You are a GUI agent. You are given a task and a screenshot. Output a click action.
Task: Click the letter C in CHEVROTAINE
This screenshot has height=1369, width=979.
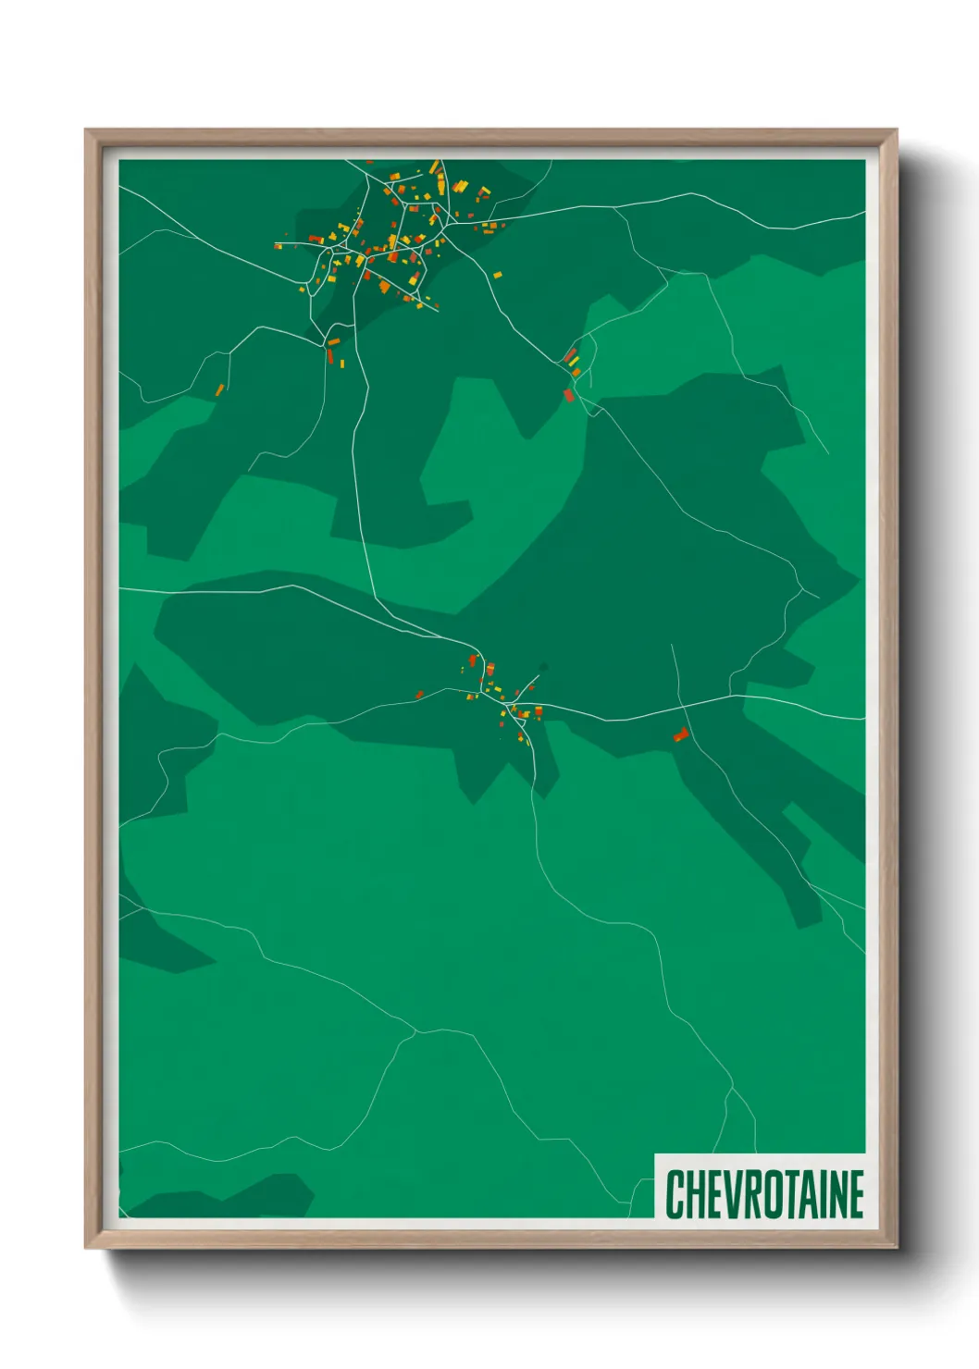[x=675, y=1194]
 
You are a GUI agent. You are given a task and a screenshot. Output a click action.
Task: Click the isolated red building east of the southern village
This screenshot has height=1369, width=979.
[x=681, y=734]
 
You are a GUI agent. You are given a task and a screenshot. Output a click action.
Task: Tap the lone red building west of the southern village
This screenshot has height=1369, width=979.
[x=419, y=694]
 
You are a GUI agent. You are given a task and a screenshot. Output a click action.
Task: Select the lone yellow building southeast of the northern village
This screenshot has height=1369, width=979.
[x=497, y=275]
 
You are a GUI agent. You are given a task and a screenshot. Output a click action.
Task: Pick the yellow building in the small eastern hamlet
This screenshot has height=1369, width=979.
[x=576, y=372]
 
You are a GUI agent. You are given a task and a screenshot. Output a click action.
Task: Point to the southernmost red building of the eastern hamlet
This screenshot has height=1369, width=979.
[x=569, y=396]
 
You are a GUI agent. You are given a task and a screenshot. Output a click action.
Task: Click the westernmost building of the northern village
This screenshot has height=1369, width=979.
[x=277, y=246]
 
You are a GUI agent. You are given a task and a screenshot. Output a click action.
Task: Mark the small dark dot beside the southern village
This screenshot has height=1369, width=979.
[x=543, y=665]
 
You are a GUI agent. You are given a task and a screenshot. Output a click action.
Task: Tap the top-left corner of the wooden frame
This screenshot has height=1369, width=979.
[x=86, y=130]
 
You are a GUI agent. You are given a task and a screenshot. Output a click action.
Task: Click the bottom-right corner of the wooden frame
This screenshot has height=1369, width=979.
[x=896, y=1248]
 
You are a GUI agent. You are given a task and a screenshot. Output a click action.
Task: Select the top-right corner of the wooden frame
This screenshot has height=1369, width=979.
[x=896, y=130]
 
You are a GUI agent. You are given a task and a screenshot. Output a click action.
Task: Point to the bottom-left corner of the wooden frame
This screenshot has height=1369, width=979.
[x=86, y=1248]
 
